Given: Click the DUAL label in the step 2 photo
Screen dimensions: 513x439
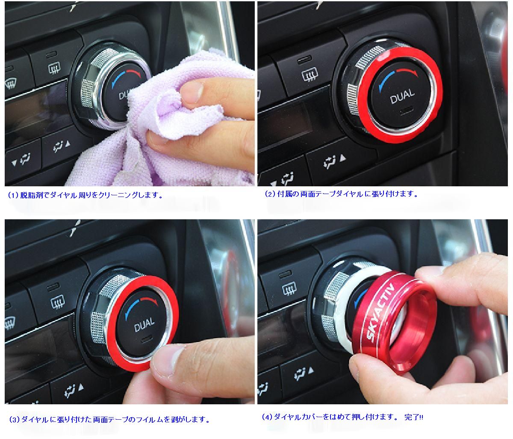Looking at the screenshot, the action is pos(402,96).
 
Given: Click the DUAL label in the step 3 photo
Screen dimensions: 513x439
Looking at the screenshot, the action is pos(144,324).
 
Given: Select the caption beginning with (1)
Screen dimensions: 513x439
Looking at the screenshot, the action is pos(85,195).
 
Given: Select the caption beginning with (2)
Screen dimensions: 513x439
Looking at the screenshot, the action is pos(341,194).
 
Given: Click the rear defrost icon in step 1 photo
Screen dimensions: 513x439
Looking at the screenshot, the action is pos(54,68).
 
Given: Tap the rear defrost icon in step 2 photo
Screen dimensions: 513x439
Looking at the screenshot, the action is pos(310,74).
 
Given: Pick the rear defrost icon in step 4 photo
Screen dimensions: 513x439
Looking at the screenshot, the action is pos(289,288).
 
